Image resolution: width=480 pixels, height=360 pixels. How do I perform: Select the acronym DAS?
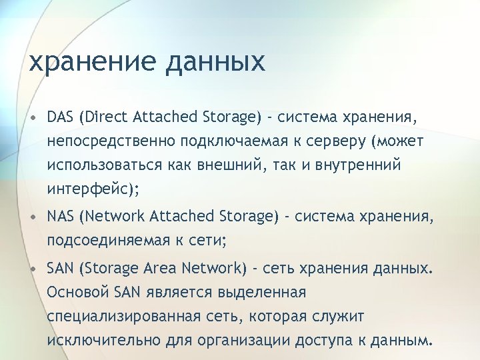(x=61, y=118)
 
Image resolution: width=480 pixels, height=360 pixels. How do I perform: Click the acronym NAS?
(x=61, y=216)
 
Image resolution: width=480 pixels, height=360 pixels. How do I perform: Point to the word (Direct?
(x=104, y=118)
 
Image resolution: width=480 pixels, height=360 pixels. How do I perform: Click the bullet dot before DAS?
(x=32, y=119)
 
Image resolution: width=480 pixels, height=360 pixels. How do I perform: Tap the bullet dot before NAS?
(x=32, y=217)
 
